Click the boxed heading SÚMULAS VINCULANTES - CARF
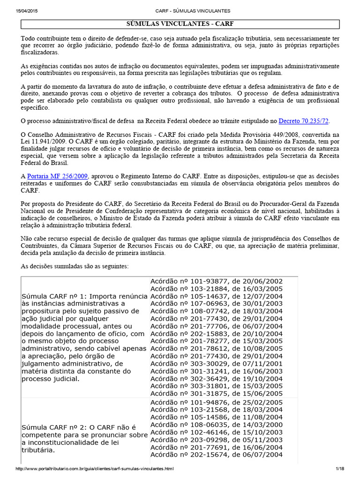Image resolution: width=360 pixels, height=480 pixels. point(180,24)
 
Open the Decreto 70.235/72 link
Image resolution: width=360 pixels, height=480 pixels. point(304,121)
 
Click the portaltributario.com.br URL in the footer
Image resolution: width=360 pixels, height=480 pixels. point(95,469)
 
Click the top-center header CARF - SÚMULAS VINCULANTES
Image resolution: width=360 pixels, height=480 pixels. point(180,11)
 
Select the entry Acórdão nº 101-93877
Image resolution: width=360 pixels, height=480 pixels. point(216,281)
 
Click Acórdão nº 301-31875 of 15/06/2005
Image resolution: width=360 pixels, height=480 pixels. point(216,393)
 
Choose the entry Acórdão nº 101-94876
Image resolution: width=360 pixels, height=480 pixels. point(216,402)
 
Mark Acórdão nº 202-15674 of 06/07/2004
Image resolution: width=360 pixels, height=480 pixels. point(216,454)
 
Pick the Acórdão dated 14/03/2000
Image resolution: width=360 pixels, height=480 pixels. point(216,424)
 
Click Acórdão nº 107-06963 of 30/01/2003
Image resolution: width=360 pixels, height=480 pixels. point(216,303)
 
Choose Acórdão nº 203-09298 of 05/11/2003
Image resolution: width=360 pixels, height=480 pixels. point(216,439)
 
